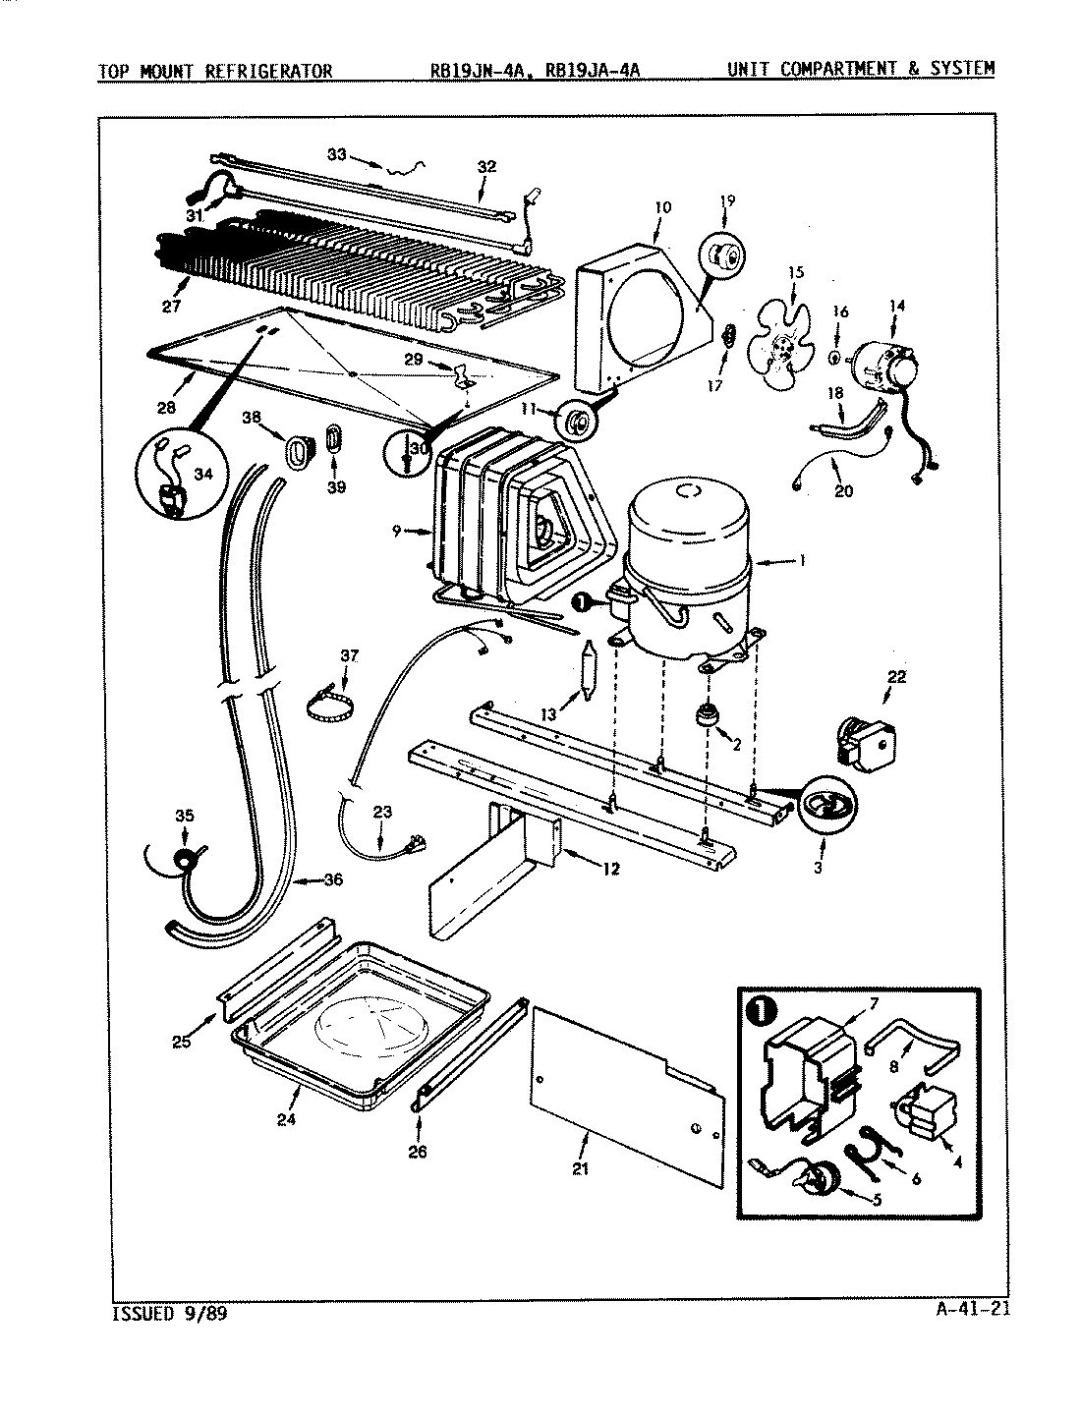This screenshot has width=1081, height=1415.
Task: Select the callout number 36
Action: click(333, 879)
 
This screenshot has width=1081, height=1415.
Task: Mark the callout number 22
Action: click(896, 677)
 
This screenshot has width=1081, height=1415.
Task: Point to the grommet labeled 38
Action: click(296, 451)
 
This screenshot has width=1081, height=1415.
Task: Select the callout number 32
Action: click(487, 167)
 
